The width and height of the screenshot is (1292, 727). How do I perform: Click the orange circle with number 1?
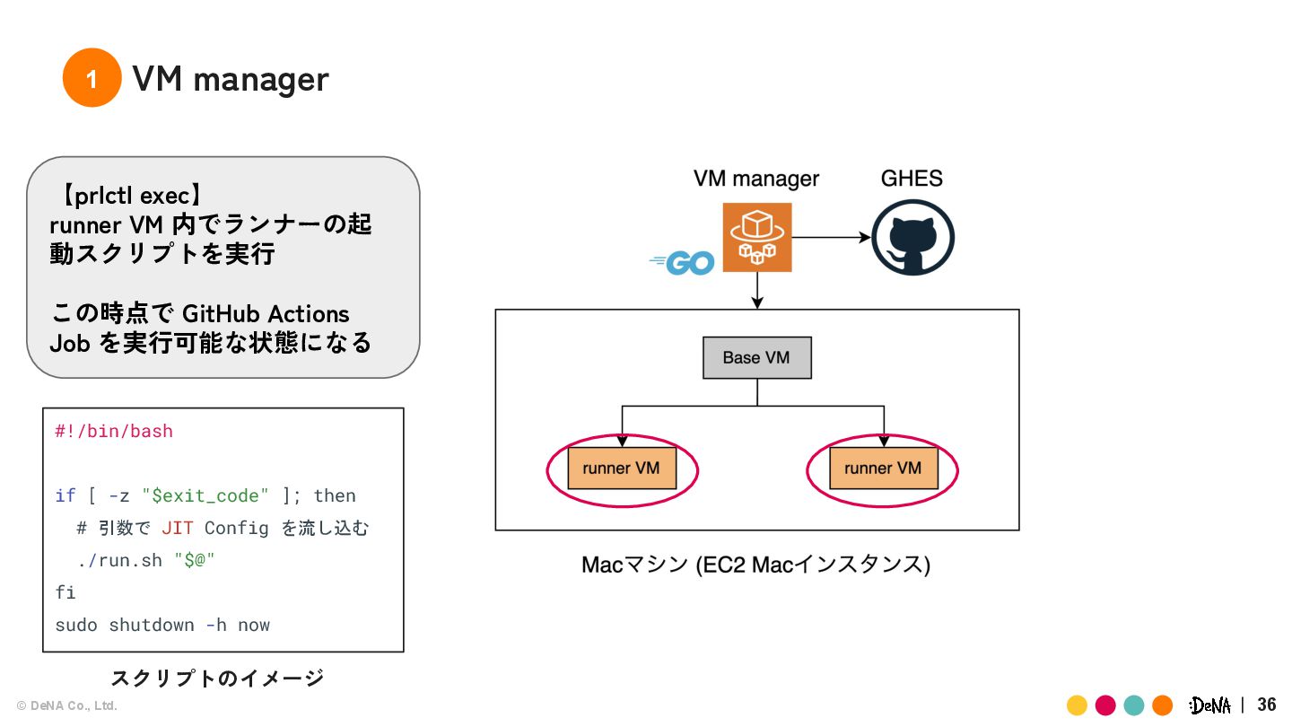click(x=92, y=78)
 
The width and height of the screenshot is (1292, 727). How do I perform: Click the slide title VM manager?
click(x=231, y=79)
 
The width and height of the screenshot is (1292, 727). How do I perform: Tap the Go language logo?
click(x=683, y=262)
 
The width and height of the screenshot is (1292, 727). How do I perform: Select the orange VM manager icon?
click(x=758, y=237)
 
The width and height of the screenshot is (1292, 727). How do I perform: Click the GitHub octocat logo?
click(x=912, y=237)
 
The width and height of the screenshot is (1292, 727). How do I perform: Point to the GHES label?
click(x=912, y=178)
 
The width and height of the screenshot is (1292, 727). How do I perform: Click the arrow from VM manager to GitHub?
click(x=832, y=238)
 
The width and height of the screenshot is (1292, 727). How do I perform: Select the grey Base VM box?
click(x=756, y=357)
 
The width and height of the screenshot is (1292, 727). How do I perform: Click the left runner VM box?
click(x=621, y=469)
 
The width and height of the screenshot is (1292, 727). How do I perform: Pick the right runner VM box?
click(x=883, y=469)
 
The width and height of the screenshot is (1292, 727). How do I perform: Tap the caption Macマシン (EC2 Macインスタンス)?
click(x=755, y=565)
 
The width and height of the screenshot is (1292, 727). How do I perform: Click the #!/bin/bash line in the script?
click(x=114, y=431)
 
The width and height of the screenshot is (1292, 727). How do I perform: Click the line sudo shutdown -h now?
click(x=162, y=625)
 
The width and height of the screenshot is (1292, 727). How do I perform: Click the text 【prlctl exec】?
click(x=132, y=195)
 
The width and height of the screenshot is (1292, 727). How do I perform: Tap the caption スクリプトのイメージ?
click(x=217, y=678)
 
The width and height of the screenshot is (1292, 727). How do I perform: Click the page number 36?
click(x=1267, y=705)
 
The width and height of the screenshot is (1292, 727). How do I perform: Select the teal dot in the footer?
click(x=1134, y=705)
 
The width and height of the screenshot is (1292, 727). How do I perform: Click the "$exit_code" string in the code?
click(x=205, y=495)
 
